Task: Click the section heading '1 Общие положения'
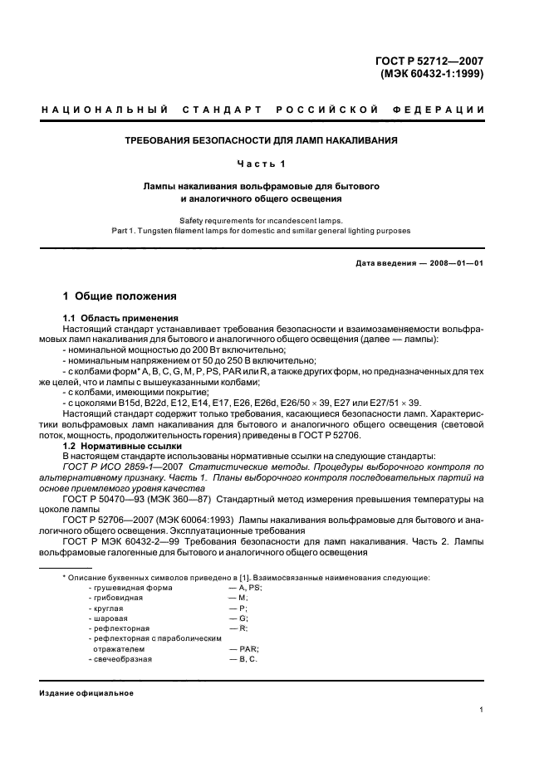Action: [120, 296]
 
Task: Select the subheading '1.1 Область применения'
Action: [116, 318]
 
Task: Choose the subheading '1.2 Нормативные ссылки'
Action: [116, 447]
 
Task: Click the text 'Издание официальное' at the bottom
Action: [86, 693]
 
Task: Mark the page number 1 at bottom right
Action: [482, 710]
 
